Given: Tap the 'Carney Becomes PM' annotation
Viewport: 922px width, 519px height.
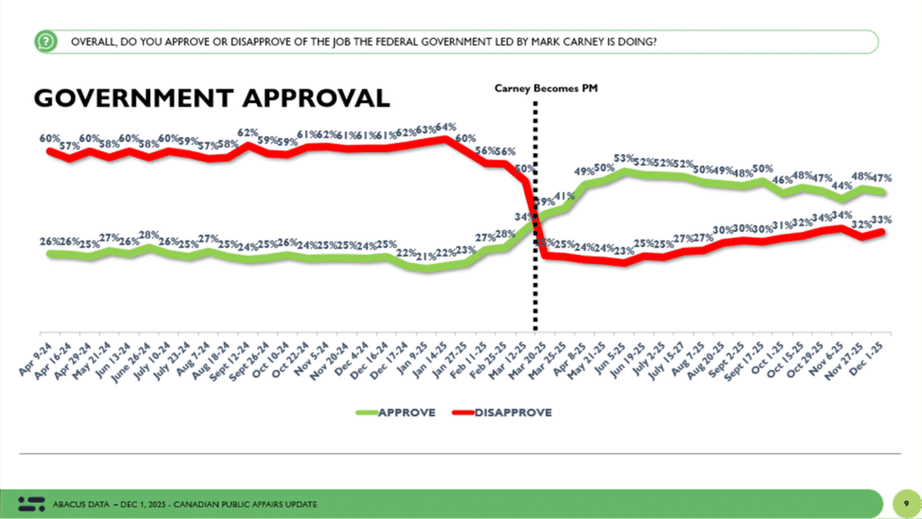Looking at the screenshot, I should (547, 88).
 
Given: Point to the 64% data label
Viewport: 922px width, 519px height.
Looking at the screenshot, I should (446, 127).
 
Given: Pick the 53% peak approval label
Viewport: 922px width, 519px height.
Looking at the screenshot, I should (622, 159).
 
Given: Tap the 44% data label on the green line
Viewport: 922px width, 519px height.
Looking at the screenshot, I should (841, 186).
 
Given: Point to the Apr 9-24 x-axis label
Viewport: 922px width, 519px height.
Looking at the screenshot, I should (33, 369).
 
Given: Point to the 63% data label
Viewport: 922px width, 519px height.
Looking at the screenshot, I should (426, 130).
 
